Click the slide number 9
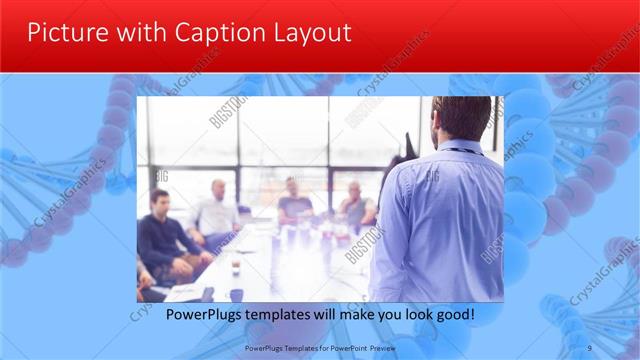[589, 348]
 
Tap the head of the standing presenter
[461, 118]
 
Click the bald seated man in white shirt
[217, 210]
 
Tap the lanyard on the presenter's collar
[463, 152]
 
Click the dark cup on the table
[236, 294]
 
